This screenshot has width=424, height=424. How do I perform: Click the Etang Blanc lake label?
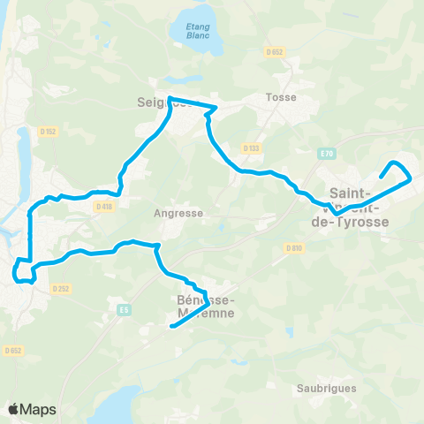(199, 32)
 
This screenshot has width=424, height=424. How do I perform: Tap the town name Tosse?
(280, 97)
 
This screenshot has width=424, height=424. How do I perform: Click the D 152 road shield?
(49, 132)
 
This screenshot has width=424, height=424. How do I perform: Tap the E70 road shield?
(328, 153)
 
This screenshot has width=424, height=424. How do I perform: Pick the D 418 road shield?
(103, 207)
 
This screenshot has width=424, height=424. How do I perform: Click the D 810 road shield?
(294, 247)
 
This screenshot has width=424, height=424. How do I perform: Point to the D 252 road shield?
(61, 288)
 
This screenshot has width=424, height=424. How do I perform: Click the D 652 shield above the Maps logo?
(12, 351)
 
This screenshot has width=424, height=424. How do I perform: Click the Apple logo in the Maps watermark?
(13, 409)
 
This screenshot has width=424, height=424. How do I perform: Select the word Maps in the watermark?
(38, 409)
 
